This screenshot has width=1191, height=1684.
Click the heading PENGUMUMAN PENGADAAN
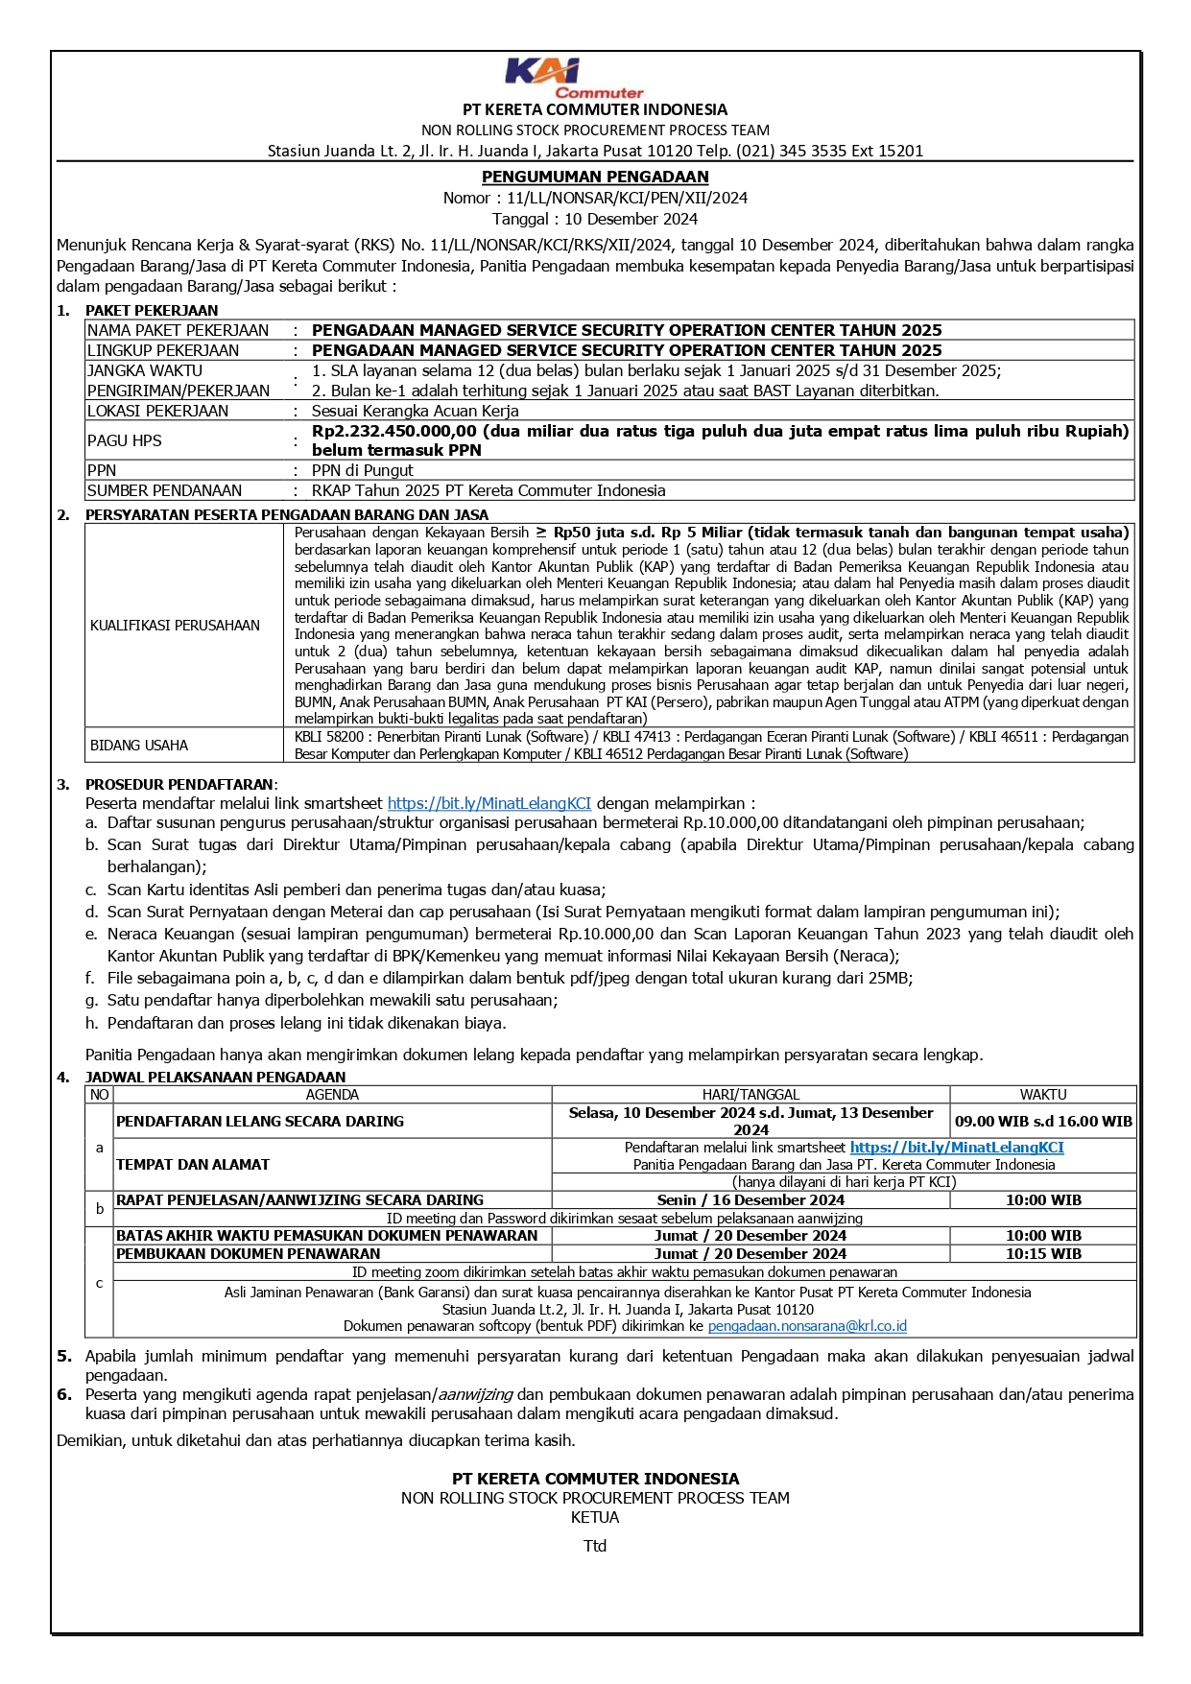tap(595, 177)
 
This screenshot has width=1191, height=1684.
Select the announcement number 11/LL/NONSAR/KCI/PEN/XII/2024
tap(627, 198)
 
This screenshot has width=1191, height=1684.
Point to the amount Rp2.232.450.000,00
tap(393, 431)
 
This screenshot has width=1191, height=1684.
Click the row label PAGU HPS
tap(124, 440)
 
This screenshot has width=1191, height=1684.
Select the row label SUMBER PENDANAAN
tap(164, 490)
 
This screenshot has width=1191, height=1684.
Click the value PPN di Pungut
tap(362, 470)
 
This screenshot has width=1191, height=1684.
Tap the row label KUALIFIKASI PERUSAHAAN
tap(175, 625)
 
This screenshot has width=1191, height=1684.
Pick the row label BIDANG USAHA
tap(139, 745)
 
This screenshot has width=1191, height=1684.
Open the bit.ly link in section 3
tap(488, 803)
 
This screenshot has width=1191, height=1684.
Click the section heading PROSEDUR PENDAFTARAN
tap(179, 784)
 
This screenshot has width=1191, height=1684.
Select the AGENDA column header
tap(332, 1094)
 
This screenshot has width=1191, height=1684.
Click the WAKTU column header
tap(1042, 1094)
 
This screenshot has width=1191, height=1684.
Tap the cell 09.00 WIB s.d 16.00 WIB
tap(1043, 1121)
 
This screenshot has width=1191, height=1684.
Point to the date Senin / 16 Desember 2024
tap(750, 1199)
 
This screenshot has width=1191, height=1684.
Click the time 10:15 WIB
tap(1042, 1253)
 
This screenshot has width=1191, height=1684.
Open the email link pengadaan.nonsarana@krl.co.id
tap(807, 1326)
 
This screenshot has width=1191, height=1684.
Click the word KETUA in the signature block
tap(595, 1517)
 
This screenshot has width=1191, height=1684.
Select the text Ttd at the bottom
tap(595, 1546)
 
